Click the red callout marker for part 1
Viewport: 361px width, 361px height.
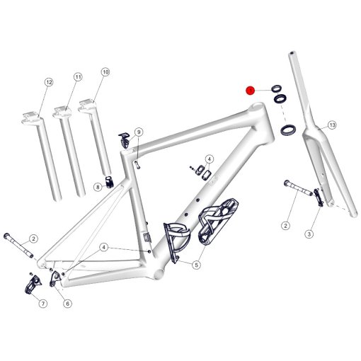[x=251, y=91]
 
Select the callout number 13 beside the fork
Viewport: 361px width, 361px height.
[x=332, y=125]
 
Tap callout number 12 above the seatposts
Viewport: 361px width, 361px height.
[x=49, y=82]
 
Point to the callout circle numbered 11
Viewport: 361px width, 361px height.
[x=78, y=77]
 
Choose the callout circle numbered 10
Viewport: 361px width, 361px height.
[x=105, y=71]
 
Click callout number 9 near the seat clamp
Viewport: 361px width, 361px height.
[x=139, y=132]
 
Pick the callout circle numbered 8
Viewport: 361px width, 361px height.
[x=98, y=188]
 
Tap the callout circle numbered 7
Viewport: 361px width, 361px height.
[x=43, y=304]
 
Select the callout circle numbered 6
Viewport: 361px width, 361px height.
[x=68, y=304]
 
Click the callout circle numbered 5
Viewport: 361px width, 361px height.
[x=196, y=265]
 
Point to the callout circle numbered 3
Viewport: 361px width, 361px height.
[x=309, y=234]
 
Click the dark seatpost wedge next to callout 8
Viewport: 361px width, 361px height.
[x=110, y=182]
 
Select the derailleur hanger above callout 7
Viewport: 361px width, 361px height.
[x=33, y=285]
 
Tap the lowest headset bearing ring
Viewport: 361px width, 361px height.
[x=288, y=130]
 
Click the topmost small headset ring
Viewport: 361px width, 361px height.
[x=276, y=88]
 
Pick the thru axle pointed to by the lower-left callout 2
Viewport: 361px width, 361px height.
[x=18, y=246]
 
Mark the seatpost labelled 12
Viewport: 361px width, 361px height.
[x=42, y=156]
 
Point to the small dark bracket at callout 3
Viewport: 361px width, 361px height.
[x=319, y=197]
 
